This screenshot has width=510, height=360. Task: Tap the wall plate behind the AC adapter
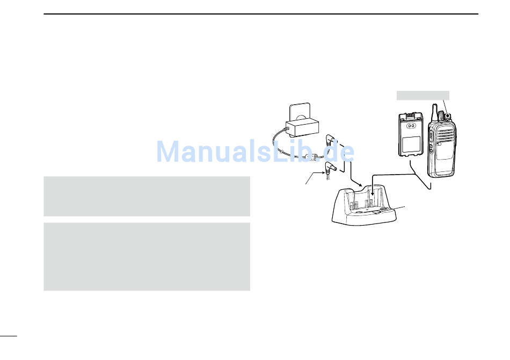pos(301,111)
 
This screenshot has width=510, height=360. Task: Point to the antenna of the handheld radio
pos(434,111)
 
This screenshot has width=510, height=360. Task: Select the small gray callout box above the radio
pos(422,96)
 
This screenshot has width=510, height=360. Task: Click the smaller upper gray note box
pos(147,196)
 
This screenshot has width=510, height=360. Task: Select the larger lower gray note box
pos(147,257)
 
